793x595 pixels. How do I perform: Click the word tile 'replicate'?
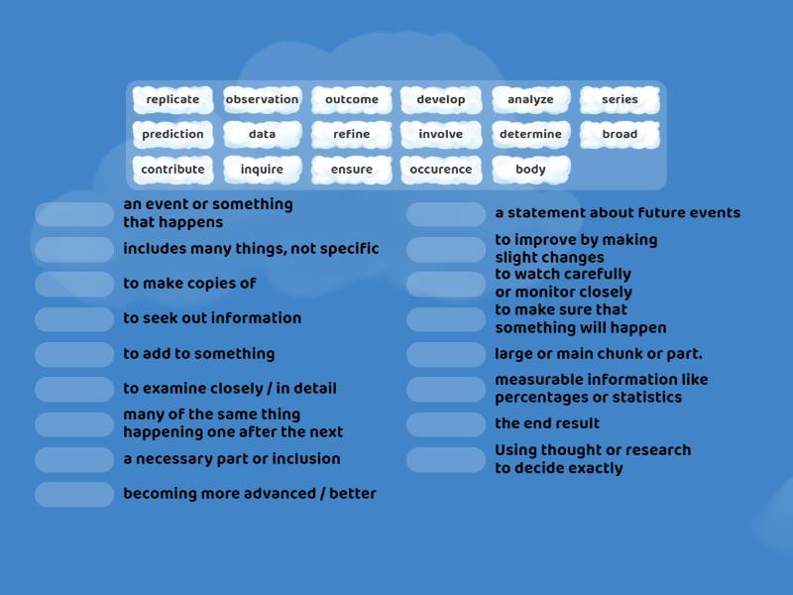point(172,100)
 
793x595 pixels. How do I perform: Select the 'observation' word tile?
point(262,100)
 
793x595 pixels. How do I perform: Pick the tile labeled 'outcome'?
point(352,100)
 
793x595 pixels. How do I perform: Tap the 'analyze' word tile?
point(530,100)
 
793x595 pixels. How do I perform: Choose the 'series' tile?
point(620,100)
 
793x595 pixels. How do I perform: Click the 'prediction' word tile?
point(172,135)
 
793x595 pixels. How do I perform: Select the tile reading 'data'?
point(262,135)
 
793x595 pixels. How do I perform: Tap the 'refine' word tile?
point(352,135)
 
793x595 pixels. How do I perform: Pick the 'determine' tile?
point(530,135)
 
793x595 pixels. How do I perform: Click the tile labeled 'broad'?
point(620,135)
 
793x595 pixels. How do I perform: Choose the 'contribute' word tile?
point(172,170)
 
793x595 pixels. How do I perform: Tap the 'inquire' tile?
point(262,170)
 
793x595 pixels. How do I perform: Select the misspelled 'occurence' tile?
point(441,170)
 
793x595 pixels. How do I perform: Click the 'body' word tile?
point(530,170)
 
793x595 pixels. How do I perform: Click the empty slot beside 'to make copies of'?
point(74,285)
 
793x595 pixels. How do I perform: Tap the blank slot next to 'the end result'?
point(446,424)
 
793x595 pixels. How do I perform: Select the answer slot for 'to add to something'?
point(74,355)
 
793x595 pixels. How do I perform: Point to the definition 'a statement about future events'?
point(618,213)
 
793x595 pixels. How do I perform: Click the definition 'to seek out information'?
point(212,318)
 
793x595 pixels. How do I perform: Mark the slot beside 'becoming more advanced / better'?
point(74,495)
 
